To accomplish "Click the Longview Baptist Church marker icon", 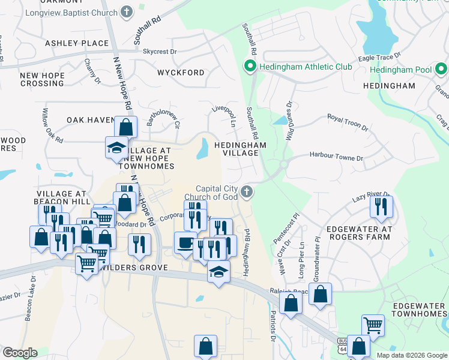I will (x=126, y=11).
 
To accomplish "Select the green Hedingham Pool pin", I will (x=441, y=70).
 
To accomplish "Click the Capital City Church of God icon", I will (x=246, y=192).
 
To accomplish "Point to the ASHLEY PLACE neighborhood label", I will (x=77, y=43).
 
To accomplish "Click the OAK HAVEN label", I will (x=90, y=120).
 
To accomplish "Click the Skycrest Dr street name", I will (x=160, y=52).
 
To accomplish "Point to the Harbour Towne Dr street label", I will (x=336, y=157).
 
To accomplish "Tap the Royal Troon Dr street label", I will (x=348, y=122).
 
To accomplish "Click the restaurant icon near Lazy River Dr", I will (x=381, y=206).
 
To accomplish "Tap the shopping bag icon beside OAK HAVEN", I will (x=126, y=127).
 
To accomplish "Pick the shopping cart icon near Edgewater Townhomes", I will (x=373, y=325).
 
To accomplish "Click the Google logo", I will (x=20, y=353).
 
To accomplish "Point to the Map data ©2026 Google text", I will (x=411, y=355).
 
